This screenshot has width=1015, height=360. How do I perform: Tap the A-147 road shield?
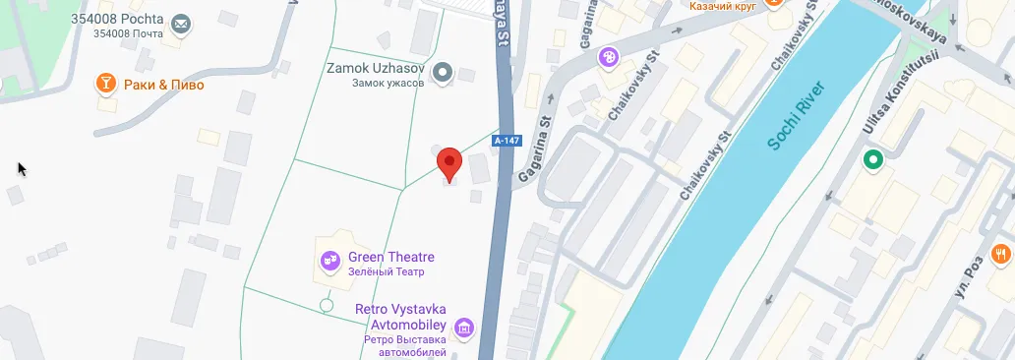click(x=507, y=141)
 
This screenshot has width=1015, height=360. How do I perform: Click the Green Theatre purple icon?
click(x=330, y=261)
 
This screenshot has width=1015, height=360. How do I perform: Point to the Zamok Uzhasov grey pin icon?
click(x=443, y=72)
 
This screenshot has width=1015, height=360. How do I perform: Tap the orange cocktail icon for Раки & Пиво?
click(x=103, y=85)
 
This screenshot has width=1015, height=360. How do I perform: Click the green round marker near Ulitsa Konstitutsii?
click(x=871, y=159)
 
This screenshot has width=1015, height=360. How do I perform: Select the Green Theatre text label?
click(x=391, y=258)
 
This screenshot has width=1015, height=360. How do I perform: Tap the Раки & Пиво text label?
click(x=161, y=85)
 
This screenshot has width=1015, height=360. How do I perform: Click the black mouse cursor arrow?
click(x=22, y=168)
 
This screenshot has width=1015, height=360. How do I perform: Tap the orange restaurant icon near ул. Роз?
click(x=1002, y=254)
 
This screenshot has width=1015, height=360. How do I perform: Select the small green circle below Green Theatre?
click(x=327, y=306)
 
